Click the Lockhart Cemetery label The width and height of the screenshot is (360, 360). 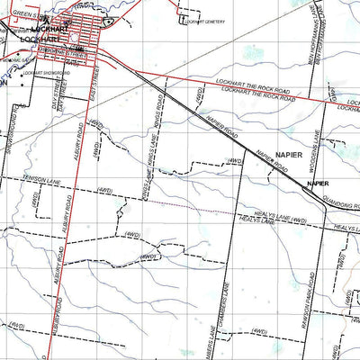[203, 20]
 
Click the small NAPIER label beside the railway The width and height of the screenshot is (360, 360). [317, 184]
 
